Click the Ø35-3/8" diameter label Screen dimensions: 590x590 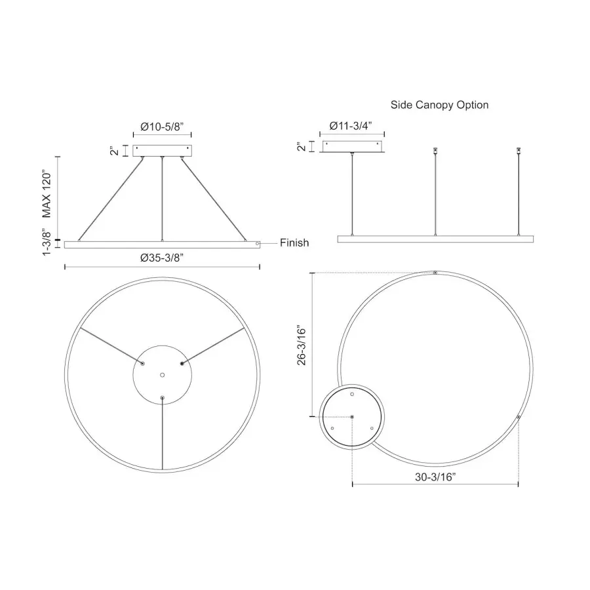(161, 257)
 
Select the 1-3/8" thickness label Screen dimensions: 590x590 (47, 243)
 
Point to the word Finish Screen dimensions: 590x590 (294, 243)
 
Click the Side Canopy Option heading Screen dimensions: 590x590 (439, 105)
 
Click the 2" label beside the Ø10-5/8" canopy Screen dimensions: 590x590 (115, 151)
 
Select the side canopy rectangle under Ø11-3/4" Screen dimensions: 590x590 (353, 146)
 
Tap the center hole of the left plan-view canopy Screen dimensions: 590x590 (163, 375)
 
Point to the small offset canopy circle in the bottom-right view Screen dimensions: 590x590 (352, 416)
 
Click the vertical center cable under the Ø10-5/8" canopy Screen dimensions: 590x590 (162, 197)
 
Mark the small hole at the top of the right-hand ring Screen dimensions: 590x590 (435, 272)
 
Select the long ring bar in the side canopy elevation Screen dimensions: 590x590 (435, 239)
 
